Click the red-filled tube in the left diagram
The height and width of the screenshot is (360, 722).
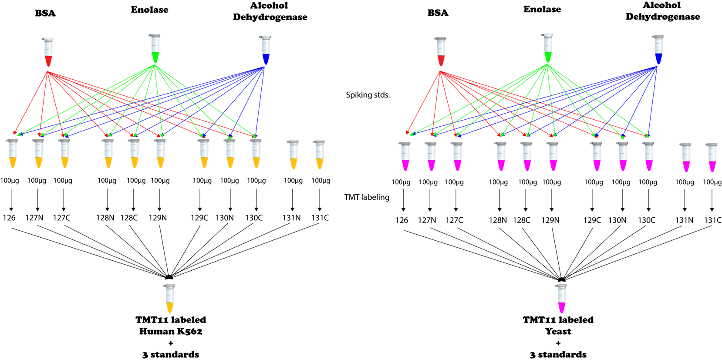point(48,52)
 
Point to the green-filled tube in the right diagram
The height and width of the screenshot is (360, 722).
point(548,48)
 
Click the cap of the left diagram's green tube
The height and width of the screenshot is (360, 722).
point(155,36)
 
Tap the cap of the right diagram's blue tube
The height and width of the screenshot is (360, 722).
point(658,37)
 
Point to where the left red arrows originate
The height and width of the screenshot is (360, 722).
point(47,72)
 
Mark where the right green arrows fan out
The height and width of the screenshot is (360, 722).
point(547,64)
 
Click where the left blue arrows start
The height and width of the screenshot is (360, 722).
point(264,67)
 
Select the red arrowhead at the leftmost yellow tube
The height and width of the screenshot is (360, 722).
point(15,132)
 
